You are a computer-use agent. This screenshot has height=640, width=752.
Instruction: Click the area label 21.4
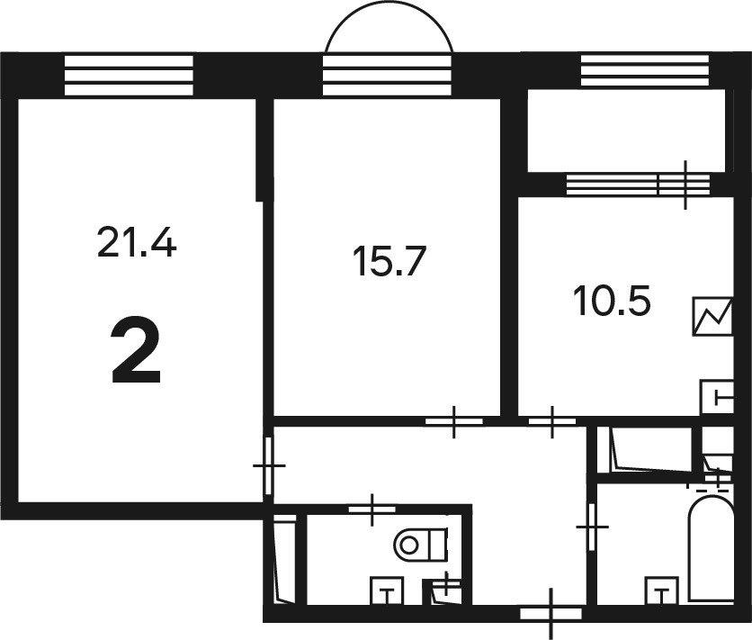pyautogui.click(x=137, y=242)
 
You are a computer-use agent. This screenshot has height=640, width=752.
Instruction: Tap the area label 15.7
pyautogui.click(x=389, y=260)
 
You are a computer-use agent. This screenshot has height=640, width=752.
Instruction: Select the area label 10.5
pyautogui.click(x=612, y=301)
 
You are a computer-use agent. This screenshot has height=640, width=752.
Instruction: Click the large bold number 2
pyautogui.click(x=136, y=350)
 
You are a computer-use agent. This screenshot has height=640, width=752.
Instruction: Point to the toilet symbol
pyautogui.click(x=421, y=544)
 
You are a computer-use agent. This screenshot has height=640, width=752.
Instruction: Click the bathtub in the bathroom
pyautogui.click(x=712, y=549)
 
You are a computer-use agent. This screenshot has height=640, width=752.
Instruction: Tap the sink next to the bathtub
pyautogui.click(x=662, y=591)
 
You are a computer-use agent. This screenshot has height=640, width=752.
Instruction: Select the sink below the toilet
pyautogui.click(x=387, y=591)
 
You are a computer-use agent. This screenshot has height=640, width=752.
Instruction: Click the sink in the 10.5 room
pyautogui.click(x=718, y=396)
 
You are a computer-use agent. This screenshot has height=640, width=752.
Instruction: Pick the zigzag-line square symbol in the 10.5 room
pyautogui.click(x=712, y=316)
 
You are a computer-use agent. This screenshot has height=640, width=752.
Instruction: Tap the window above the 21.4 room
pyautogui.click(x=129, y=76)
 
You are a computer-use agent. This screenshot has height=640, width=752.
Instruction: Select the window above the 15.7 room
pyautogui.click(x=387, y=76)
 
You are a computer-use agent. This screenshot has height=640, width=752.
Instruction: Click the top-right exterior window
pyautogui.click(x=645, y=70)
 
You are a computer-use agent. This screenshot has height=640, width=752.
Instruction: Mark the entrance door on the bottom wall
pyautogui.click(x=551, y=614)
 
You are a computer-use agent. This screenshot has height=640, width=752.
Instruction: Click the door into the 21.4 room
pyautogui.click(x=269, y=465)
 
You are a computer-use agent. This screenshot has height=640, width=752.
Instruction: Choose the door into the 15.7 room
pyautogui.click(x=454, y=421)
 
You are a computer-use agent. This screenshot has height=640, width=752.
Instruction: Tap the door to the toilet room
pyautogui.click(x=372, y=509)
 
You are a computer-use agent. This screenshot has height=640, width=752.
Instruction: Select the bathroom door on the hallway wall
pyautogui.click(x=592, y=527)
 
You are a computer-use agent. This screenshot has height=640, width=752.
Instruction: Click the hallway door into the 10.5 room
pyautogui.click(x=552, y=421)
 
